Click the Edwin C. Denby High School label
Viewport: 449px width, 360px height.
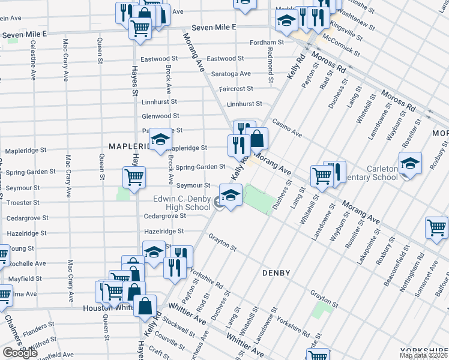[x=180, y=203]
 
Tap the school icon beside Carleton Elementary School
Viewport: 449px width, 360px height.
[x=410, y=163]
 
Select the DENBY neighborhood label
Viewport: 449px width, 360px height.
[x=276, y=273]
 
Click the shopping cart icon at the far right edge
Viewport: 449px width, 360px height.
[x=436, y=227]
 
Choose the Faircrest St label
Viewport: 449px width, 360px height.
[x=236, y=88]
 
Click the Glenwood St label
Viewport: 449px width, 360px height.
[x=160, y=116]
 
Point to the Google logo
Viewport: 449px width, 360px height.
[x=20, y=352]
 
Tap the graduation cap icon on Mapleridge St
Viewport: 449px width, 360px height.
[x=160, y=140]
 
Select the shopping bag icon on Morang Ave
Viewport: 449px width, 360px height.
[x=257, y=139]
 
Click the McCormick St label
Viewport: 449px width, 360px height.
[x=340, y=44]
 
